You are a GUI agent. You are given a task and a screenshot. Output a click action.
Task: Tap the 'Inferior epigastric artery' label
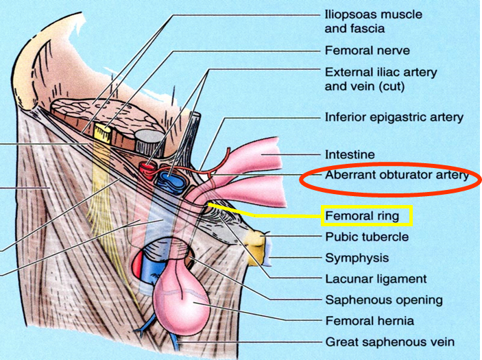pyautogui.click(x=394, y=117)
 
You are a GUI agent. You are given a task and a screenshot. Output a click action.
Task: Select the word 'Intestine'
pyautogui.click(x=350, y=155)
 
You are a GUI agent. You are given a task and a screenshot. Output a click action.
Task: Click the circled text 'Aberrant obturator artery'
pyautogui.click(x=396, y=176)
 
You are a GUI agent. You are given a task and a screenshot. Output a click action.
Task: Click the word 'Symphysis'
pyautogui.click(x=357, y=259)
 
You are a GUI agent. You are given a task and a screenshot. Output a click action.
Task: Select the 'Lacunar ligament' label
pyautogui.click(x=375, y=279)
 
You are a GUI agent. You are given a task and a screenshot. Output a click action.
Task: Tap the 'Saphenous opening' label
pyautogui.click(x=383, y=300)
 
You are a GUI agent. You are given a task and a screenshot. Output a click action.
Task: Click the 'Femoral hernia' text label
pyautogui.click(x=369, y=320)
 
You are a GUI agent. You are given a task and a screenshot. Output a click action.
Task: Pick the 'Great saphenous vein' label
pyautogui.click(x=389, y=341)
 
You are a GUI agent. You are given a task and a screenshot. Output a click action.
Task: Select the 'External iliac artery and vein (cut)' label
pyautogui.click(x=380, y=79)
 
